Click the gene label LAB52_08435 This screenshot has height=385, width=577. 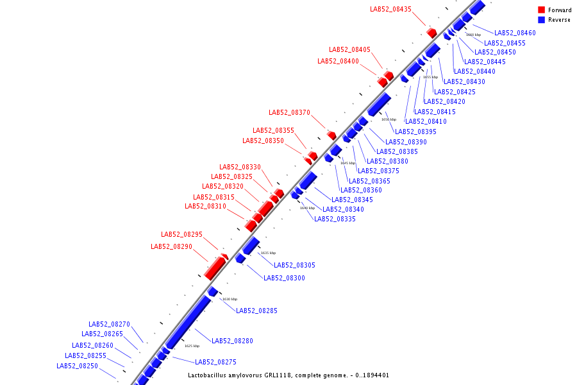pos(390,9)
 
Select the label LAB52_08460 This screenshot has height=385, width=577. pos(515,33)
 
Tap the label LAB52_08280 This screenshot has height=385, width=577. pos(232,341)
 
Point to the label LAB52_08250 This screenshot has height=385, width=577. pos(77,366)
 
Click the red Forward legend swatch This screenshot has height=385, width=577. pos(542,10)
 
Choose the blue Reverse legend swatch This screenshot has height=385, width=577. pos(542,20)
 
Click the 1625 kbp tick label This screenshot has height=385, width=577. pos(192,346)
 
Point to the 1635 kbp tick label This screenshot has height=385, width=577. pos(268,253)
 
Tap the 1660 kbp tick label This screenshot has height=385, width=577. pos(473,35)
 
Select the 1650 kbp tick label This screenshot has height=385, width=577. pos(389,119)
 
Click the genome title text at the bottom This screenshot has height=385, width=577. pos(288,375)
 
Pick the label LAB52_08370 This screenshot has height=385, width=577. pos(289,112)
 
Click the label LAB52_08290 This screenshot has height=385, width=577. pos(171,246)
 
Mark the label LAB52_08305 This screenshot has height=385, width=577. pos(294,265)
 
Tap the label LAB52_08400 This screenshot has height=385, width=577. pos(338,61)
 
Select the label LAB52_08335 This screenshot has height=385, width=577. pos(335,219)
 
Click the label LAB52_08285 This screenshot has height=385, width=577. pos(256,311)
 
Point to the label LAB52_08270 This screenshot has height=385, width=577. pos(109,324)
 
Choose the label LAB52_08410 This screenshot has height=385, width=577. pos(426,121)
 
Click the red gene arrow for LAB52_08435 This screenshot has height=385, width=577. pos(431,32)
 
